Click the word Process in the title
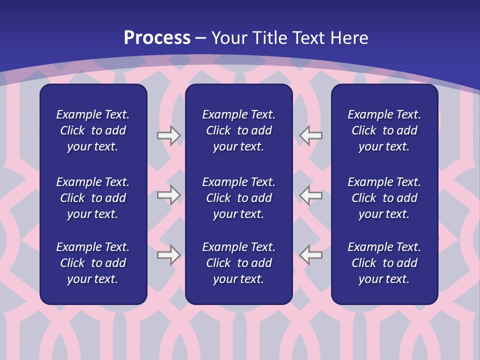point(157,38)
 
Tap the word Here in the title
point(349,38)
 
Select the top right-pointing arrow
point(168,135)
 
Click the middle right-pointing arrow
point(168,195)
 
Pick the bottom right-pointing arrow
point(168,254)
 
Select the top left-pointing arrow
point(311,135)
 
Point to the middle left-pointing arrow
point(311,195)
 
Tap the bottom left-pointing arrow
point(311,254)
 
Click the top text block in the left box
point(93,130)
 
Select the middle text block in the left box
point(93,198)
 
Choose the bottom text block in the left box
point(93,263)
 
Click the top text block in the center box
point(238,130)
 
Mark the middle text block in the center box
point(238,198)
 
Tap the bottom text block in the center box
point(238,263)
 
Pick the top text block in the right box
point(384,130)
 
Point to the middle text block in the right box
point(384,198)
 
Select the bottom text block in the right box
point(384,263)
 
